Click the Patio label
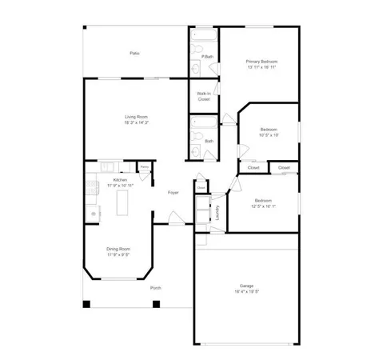tap(135, 54)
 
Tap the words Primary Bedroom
tap(261, 62)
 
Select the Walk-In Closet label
tap(203, 97)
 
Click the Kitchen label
tap(120, 180)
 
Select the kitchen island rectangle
tap(123, 205)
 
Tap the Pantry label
tap(145, 167)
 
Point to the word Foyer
tap(173, 193)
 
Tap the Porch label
tap(156, 288)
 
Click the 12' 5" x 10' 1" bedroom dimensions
tap(264, 206)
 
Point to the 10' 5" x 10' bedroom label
tap(269, 130)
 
